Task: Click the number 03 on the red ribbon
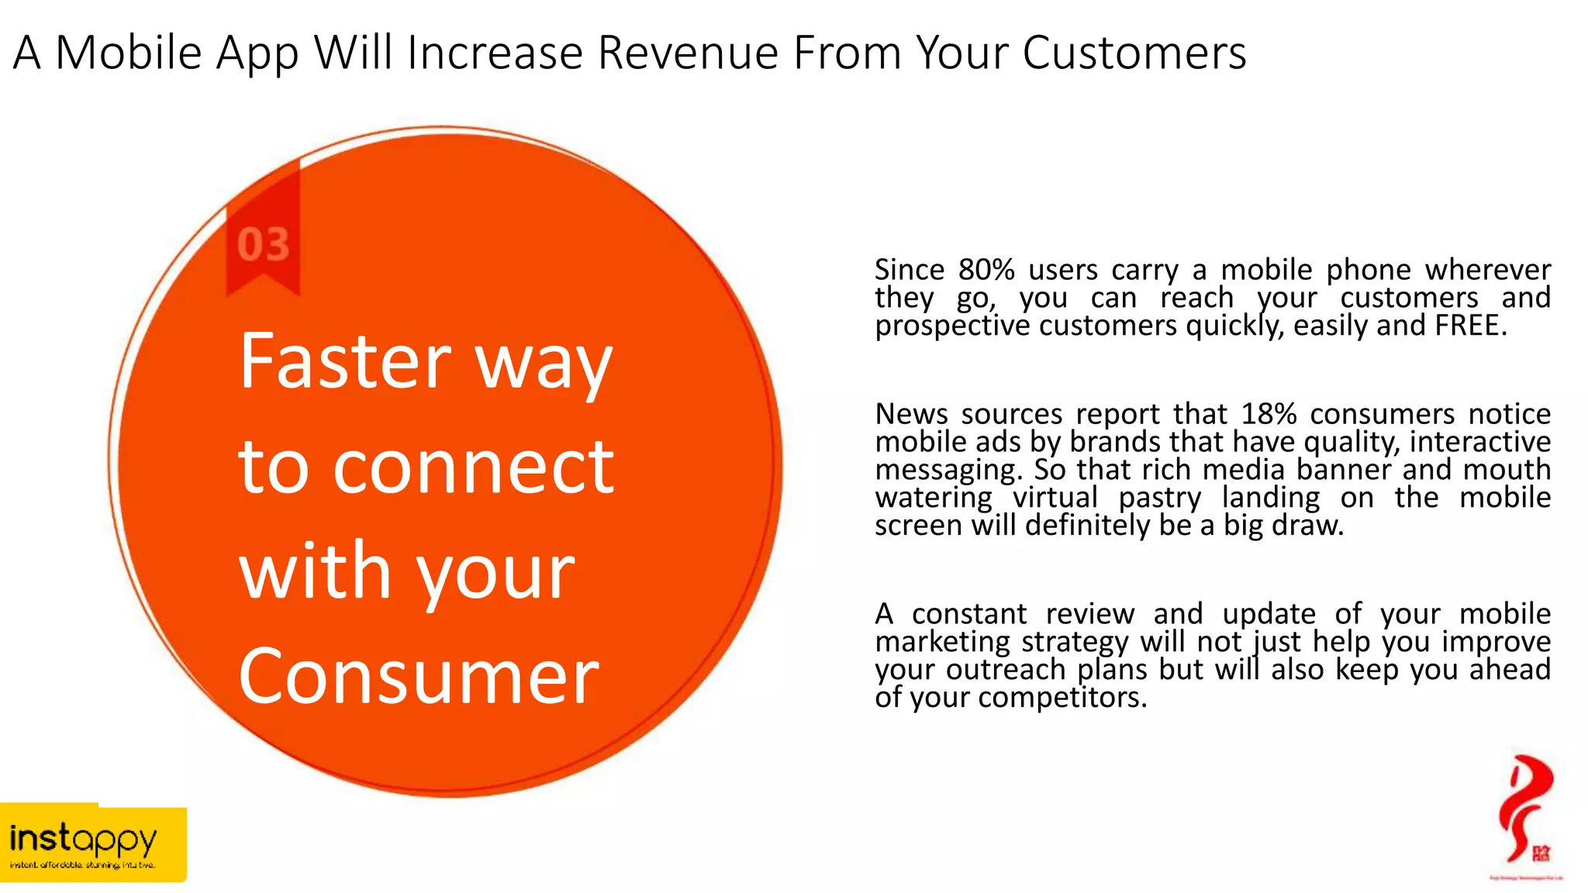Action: tap(263, 245)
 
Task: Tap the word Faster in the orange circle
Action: tap(345, 361)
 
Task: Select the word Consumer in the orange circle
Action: tap(419, 677)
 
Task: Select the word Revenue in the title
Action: tap(688, 53)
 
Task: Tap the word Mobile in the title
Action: tap(129, 53)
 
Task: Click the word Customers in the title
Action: tap(1134, 53)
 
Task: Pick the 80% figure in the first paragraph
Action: tap(986, 270)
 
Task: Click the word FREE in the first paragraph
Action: tap(1470, 326)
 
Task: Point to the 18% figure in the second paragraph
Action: tap(1269, 414)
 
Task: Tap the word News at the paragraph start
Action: tap(911, 414)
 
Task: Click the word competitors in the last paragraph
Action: tap(1062, 698)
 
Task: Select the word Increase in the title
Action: tap(495, 53)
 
